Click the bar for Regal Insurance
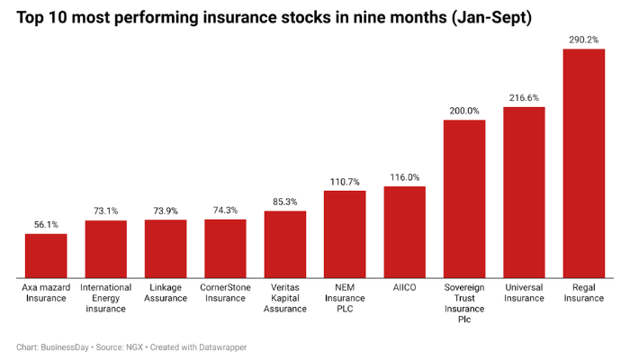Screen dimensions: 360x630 tap(583, 163)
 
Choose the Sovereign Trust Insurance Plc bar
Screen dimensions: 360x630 tap(464, 198)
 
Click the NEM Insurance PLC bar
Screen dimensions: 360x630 tap(345, 234)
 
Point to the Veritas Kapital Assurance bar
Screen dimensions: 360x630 tap(285, 244)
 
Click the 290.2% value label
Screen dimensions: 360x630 tap(583, 39)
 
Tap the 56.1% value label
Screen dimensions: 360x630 tap(45, 224)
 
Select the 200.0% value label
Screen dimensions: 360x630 tap(464, 111)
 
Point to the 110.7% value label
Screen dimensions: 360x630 tap(345, 181)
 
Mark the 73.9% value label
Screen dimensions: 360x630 tap(166, 211)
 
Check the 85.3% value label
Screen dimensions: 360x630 tap(285, 202)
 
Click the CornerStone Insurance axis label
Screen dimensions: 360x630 tap(225, 292)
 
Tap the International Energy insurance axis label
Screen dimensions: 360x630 tap(105, 298)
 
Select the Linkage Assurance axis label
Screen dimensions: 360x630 tap(166, 292)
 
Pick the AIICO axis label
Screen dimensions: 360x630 tap(404, 287)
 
